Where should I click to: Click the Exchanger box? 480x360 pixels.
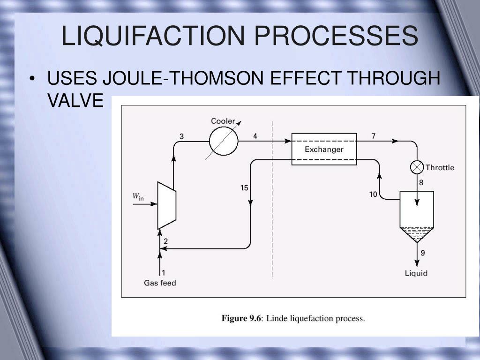(324, 149)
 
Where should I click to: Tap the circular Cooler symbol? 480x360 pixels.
(224, 141)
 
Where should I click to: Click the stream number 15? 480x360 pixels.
(244, 188)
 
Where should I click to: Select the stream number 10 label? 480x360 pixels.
(373, 194)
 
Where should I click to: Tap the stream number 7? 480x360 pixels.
(374, 136)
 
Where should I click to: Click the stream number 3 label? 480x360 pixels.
(181, 136)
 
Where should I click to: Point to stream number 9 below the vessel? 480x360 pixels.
(423, 253)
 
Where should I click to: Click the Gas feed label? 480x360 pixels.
(160, 283)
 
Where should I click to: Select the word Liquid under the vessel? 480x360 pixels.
(416, 273)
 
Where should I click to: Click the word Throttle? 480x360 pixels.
(440, 167)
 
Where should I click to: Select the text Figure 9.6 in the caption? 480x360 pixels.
(241, 319)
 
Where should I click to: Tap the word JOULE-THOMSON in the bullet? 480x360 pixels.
(185, 78)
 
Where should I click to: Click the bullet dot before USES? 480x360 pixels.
(32, 78)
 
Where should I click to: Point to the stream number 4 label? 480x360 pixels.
(255, 136)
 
